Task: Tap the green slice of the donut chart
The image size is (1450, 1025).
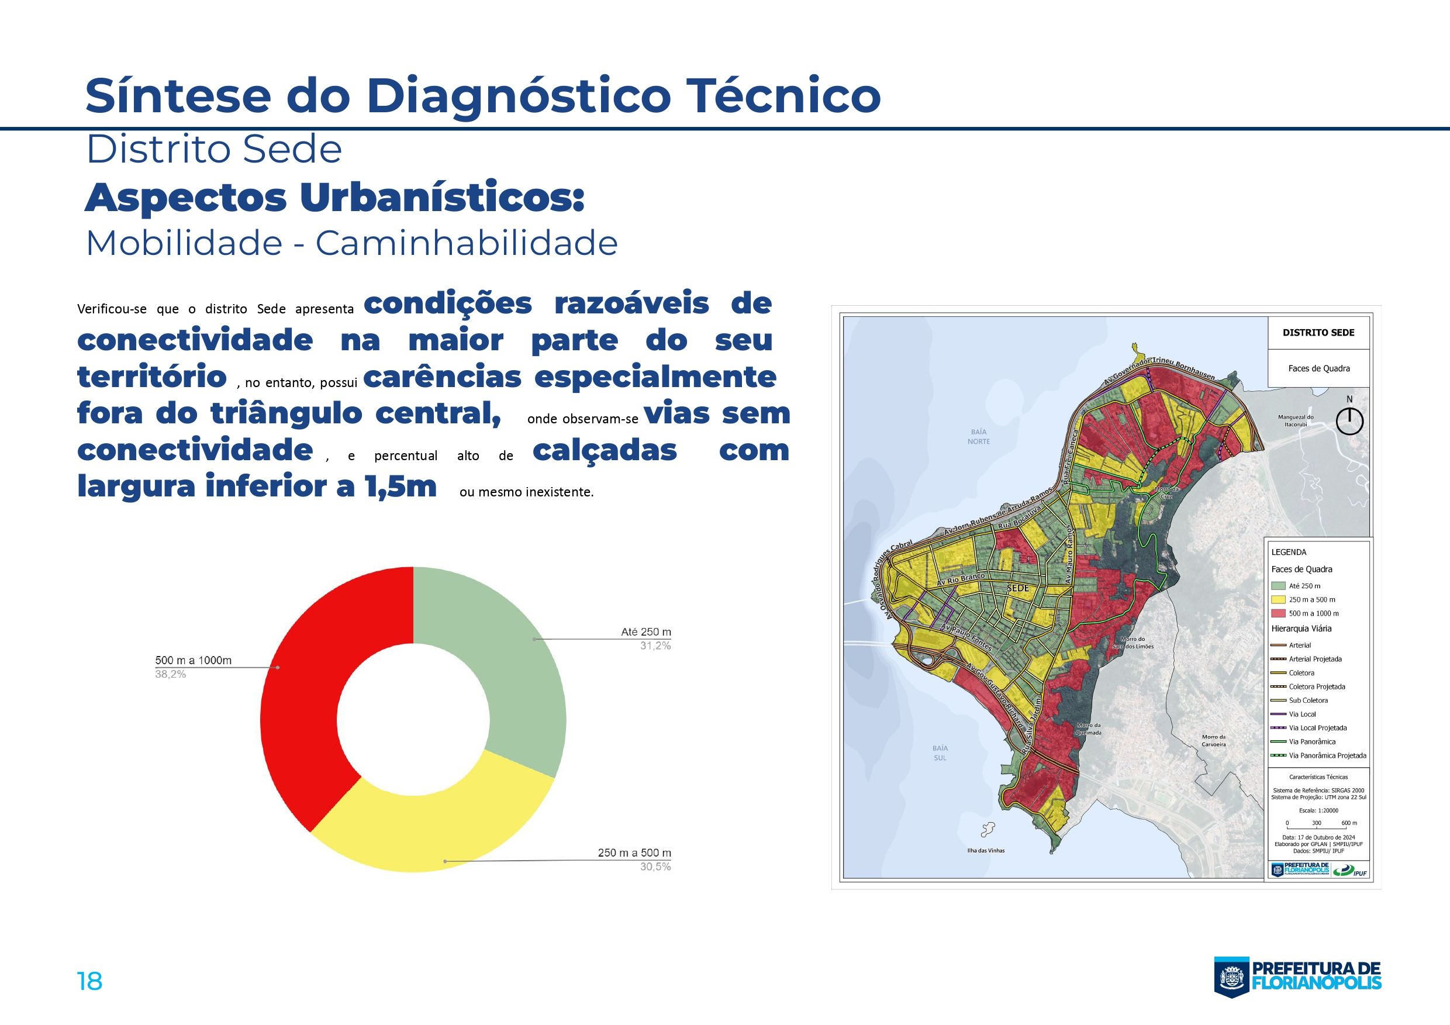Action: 505,663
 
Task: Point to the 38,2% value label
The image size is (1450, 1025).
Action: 171,675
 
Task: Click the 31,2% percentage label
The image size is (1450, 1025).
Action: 655,646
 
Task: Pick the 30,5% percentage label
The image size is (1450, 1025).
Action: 655,867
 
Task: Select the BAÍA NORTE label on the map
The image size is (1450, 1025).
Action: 979,436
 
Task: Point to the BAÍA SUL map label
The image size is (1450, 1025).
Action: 940,753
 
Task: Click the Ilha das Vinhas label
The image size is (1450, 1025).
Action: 986,850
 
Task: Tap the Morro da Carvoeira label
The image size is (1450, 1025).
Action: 1214,740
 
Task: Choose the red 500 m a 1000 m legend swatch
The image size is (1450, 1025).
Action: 1278,613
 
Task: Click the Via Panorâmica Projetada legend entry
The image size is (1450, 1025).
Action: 1326,755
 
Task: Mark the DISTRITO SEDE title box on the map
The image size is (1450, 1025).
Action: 1318,333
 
